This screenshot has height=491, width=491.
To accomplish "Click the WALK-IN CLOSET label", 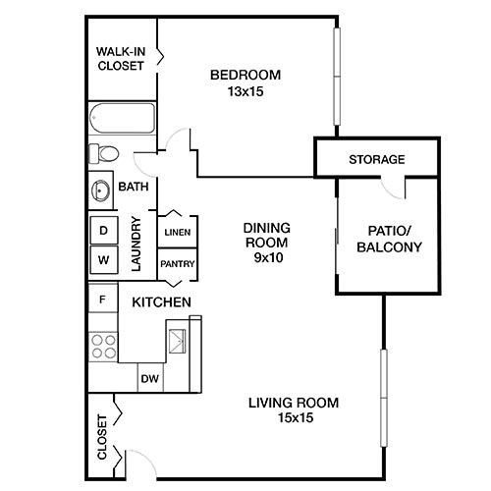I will [x=121, y=59].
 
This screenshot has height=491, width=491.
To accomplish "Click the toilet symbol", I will [x=102, y=153].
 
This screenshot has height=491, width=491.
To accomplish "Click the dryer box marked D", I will [x=102, y=229].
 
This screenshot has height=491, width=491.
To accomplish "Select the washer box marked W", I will [x=102, y=260].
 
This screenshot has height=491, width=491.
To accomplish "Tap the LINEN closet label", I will [x=178, y=233].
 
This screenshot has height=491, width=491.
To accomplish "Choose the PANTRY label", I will [x=178, y=263].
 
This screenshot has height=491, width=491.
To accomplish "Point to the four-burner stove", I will [x=103, y=347].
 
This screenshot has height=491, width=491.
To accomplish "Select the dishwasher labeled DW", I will [x=149, y=378].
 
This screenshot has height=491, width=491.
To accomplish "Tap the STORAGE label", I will [x=377, y=159].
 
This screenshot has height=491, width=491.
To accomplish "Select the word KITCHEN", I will [x=161, y=301].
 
